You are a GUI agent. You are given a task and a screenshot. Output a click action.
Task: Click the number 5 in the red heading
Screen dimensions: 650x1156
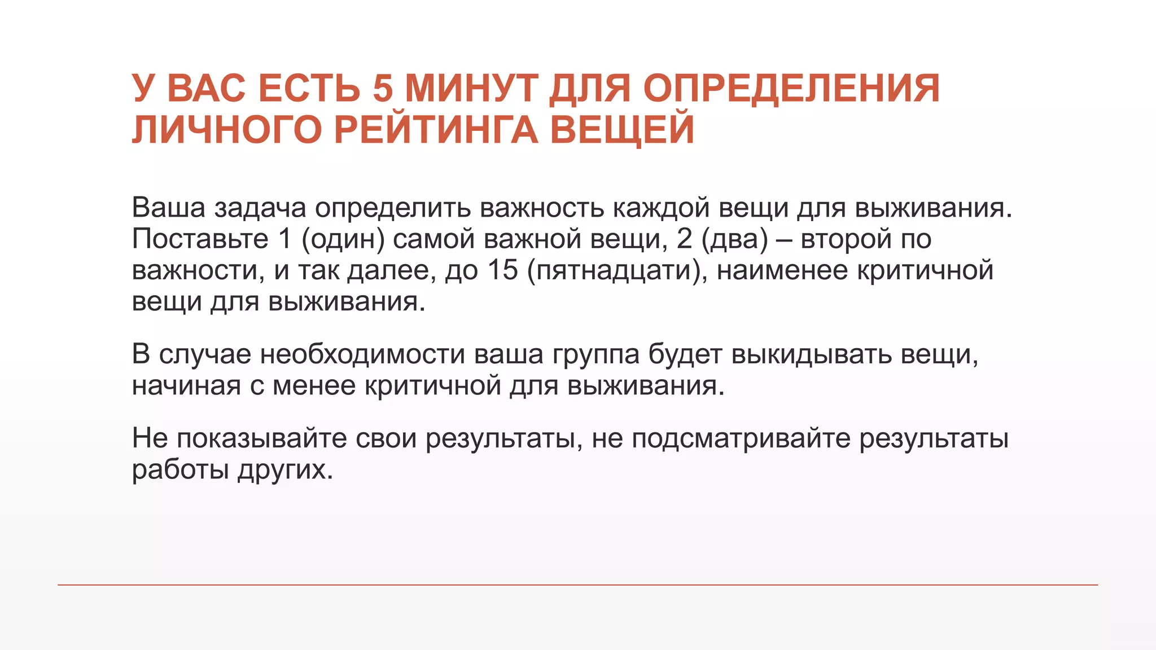(x=382, y=89)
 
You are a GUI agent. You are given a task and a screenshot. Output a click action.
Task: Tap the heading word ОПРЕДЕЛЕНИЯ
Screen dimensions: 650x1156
(x=791, y=89)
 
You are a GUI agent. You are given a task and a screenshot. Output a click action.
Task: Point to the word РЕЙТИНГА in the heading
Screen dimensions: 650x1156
(x=436, y=130)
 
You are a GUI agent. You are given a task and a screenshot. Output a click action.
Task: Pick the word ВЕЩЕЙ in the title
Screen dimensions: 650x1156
(x=622, y=130)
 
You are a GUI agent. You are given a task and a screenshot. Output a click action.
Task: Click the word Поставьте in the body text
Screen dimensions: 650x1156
(x=200, y=239)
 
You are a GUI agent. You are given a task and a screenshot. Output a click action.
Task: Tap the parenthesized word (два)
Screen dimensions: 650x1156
(x=735, y=239)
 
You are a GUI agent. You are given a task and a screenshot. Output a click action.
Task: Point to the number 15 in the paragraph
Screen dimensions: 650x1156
(x=502, y=270)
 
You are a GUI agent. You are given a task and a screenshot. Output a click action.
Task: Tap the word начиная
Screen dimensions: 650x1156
(x=186, y=386)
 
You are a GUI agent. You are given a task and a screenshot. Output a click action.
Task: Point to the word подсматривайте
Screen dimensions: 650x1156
(x=741, y=439)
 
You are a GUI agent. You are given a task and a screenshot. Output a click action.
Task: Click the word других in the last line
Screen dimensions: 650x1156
(x=285, y=470)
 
